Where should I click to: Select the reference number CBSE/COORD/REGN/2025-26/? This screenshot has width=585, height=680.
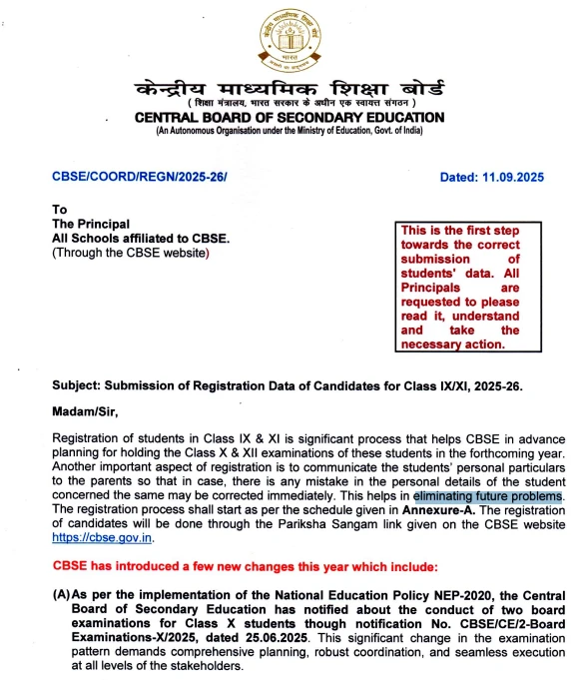(139, 177)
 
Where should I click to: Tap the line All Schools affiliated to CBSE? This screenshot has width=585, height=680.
(141, 239)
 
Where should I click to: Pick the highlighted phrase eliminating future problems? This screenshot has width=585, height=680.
(489, 495)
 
